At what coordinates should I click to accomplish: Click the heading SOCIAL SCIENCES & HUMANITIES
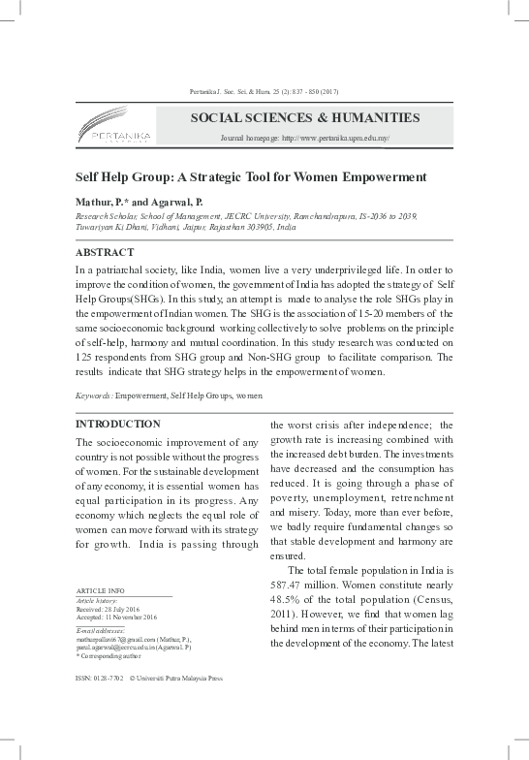pyautogui.click(x=305, y=118)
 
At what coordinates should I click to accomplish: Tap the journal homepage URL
pyautogui.click(x=305, y=140)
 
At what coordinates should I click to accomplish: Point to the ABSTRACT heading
pyautogui.click(x=105, y=251)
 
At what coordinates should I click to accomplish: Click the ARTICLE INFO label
pyautogui.click(x=100, y=590)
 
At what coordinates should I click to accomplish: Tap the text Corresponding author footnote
pyautogui.click(x=110, y=655)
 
